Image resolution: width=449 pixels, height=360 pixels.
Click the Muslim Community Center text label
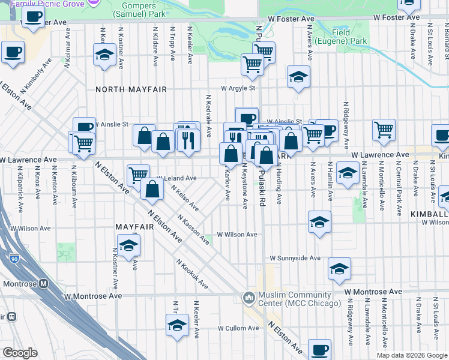(295, 299)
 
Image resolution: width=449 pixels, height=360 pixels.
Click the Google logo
(20, 353)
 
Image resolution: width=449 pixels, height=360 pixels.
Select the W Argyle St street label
(238, 88)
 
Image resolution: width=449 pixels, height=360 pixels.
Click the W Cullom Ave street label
(238, 328)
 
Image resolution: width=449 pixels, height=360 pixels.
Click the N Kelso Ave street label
(185, 197)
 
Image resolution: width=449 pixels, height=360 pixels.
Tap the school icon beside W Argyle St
(298, 77)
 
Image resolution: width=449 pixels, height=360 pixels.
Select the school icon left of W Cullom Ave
(177, 326)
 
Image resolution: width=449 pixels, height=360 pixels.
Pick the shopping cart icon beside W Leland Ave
(138, 175)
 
